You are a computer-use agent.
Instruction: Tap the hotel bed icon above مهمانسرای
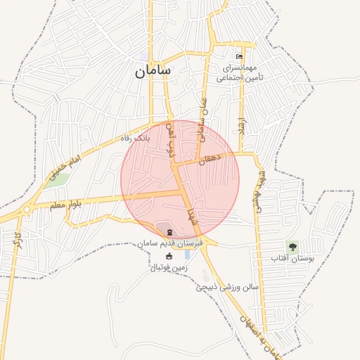240,57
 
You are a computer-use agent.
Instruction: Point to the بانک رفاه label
136,138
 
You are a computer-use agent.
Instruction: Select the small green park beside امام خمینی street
60,178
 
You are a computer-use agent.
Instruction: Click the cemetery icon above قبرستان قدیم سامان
169,232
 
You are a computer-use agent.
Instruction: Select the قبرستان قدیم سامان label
170,243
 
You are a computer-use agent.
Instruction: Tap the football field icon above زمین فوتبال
169,257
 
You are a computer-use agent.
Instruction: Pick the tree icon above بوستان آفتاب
292,246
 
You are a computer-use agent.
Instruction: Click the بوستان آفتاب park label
291,259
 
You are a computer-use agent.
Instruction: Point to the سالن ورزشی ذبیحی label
228,287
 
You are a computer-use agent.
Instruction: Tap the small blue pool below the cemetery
188,255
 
